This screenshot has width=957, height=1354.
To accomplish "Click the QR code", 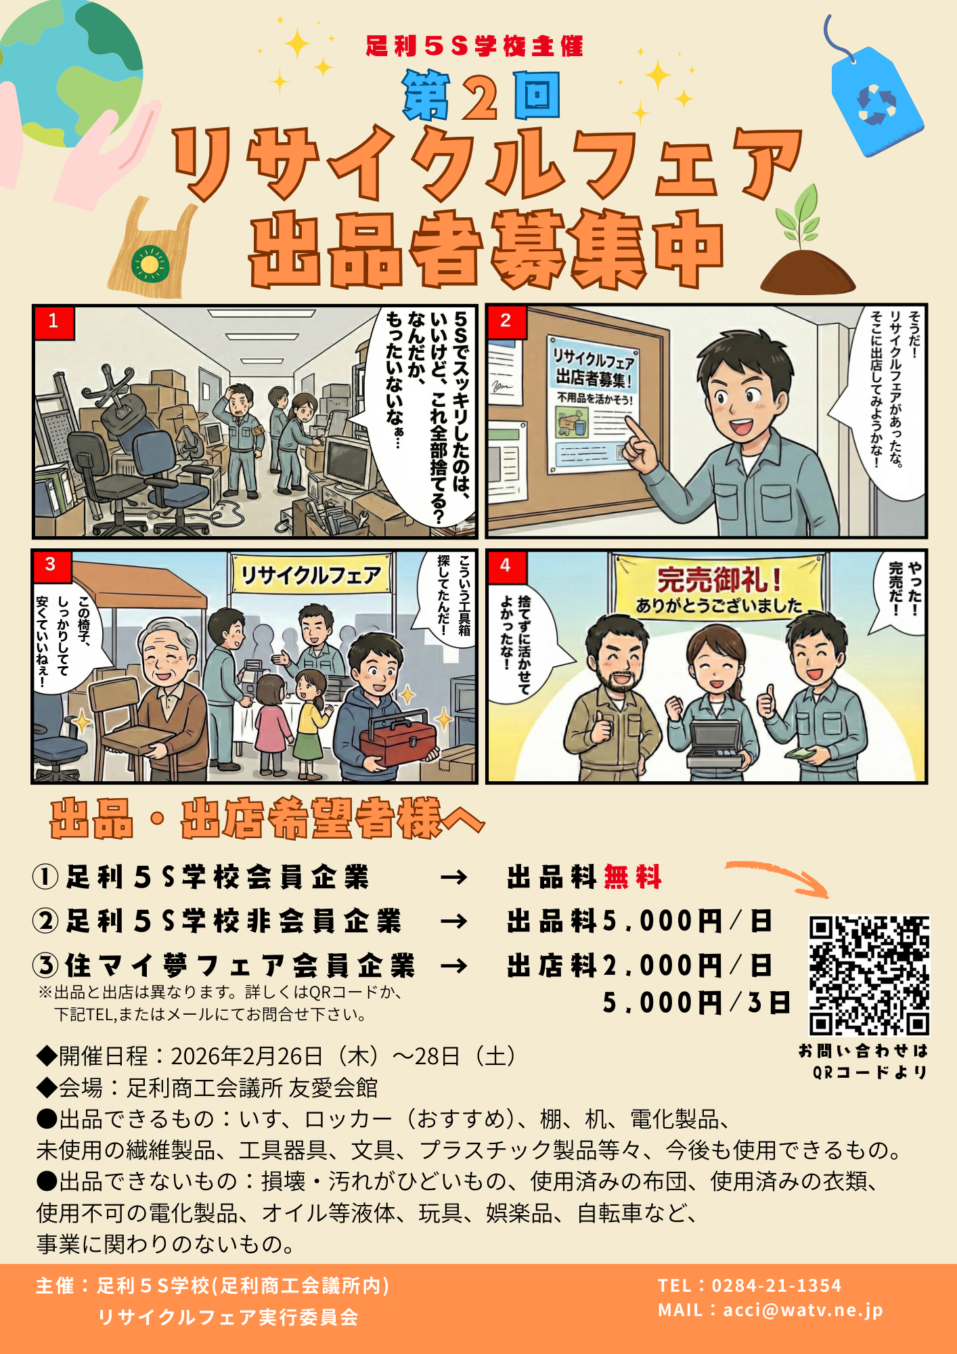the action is pyautogui.click(x=870, y=975).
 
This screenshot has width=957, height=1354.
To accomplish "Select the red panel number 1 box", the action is pyautogui.click(x=53, y=321).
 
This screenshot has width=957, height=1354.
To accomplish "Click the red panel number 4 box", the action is pyautogui.click(x=506, y=566).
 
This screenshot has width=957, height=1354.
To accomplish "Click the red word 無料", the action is pyautogui.click(x=632, y=877).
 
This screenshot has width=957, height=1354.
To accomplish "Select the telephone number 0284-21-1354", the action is pyautogui.click(x=776, y=1285).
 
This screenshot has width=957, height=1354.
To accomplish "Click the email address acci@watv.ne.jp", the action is pyautogui.click(x=803, y=1310).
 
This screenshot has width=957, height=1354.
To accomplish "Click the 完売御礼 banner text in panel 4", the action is pyautogui.click(x=719, y=580).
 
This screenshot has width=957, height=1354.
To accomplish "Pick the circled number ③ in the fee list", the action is pyautogui.click(x=45, y=965).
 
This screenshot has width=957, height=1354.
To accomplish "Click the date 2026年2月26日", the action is pyautogui.click(x=246, y=1055).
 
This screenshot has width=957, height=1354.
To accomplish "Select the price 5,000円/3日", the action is pyautogui.click(x=696, y=1003).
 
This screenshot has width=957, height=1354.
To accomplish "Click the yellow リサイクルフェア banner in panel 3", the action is pyautogui.click(x=311, y=575).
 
